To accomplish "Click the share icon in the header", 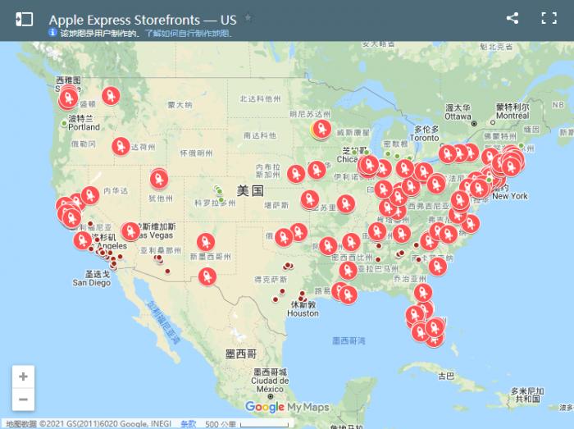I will click(x=512, y=18).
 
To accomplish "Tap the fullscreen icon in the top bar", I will click(x=549, y=18).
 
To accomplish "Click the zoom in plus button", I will click(x=23, y=377).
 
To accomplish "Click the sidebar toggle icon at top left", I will click(x=24, y=19).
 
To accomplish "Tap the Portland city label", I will click(x=84, y=127).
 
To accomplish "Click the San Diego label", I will click(x=91, y=283).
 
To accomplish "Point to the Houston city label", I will click(x=303, y=313).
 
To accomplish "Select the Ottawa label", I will click(x=458, y=116).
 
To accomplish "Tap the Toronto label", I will click(x=424, y=138).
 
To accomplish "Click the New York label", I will click(x=510, y=196).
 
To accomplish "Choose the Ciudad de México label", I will click(x=270, y=381).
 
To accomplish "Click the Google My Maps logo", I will click(x=287, y=407).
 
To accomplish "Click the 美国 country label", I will click(x=250, y=190).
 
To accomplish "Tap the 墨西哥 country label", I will click(x=240, y=354).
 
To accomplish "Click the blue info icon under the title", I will click(x=52, y=33).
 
